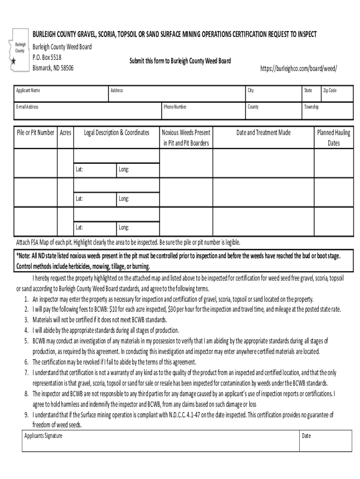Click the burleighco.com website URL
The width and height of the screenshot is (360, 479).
click(298, 68)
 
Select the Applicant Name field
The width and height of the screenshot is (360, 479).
click(61, 94)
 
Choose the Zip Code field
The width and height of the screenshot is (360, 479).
click(336, 94)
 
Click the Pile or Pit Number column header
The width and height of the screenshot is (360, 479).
click(36, 133)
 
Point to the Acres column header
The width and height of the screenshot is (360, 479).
click(65, 133)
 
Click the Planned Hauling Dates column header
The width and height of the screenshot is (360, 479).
click(333, 138)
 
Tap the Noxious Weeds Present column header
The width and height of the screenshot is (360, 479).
click(186, 138)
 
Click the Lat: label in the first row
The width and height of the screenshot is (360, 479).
click(79, 169)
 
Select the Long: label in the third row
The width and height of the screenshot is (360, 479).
click(123, 228)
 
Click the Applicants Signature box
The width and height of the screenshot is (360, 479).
click(161, 441)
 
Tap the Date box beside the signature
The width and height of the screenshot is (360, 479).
click(326, 441)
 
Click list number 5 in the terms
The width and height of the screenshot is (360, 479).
click(27, 340)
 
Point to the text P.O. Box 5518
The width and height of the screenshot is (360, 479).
click(47, 58)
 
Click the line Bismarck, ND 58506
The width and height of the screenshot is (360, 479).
click(53, 68)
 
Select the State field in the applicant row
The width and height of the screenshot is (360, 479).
click(310, 94)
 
